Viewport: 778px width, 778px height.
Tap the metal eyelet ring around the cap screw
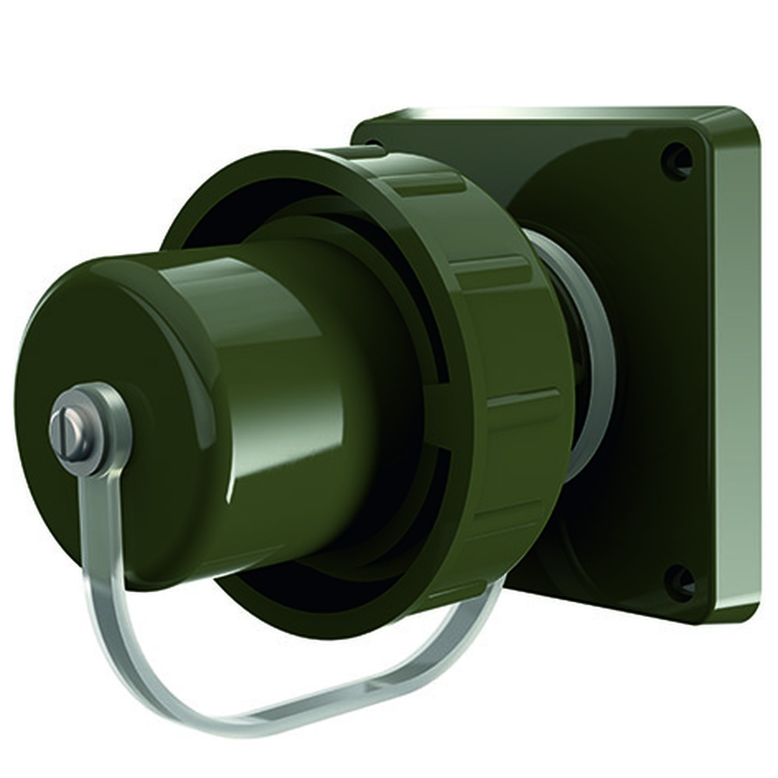108,412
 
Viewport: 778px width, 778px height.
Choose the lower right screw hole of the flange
679,580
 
